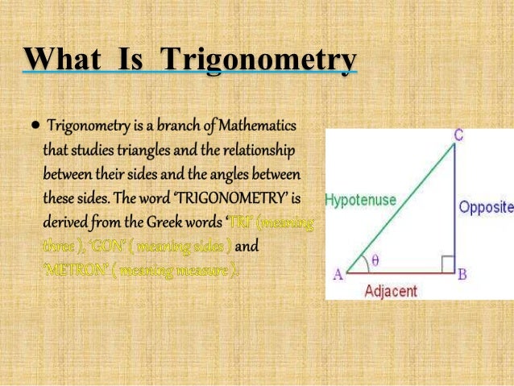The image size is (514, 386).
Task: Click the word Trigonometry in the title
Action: click(259, 61)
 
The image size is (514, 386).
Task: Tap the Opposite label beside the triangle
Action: click(486, 207)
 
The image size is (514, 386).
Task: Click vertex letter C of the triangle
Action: click(458, 136)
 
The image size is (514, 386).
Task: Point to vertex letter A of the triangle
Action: click(338, 274)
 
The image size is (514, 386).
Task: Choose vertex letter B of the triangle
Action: click(462, 274)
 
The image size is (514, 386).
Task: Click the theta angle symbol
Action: click(375, 260)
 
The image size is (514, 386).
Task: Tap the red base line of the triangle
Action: click(399, 273)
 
